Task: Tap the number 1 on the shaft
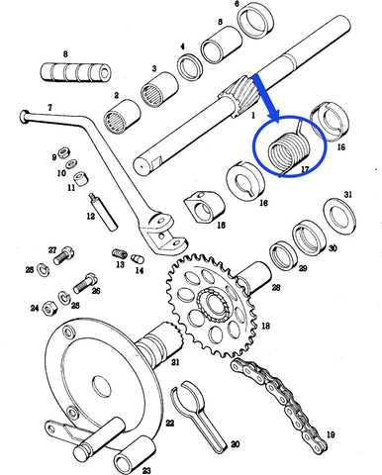(252, 115)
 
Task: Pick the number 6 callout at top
(237, 4)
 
